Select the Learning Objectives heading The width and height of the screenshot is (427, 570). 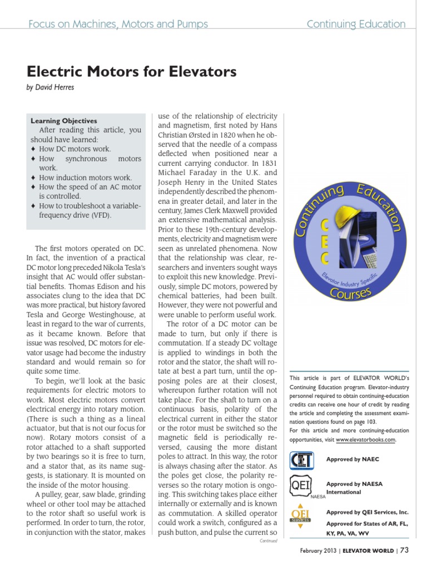[x=64, y=121]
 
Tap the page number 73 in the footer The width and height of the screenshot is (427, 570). [x=404, y=551]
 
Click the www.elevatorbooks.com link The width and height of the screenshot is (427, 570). [x=366, y=439]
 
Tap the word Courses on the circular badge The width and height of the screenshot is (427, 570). [x=350, y=291]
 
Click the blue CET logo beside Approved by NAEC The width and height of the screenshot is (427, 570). [x=302, y=461]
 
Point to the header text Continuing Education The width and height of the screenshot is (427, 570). [x=356, y=24]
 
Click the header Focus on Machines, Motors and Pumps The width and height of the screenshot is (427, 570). [x=118, y=24]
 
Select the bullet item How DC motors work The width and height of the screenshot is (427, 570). [x=75, y=149]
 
